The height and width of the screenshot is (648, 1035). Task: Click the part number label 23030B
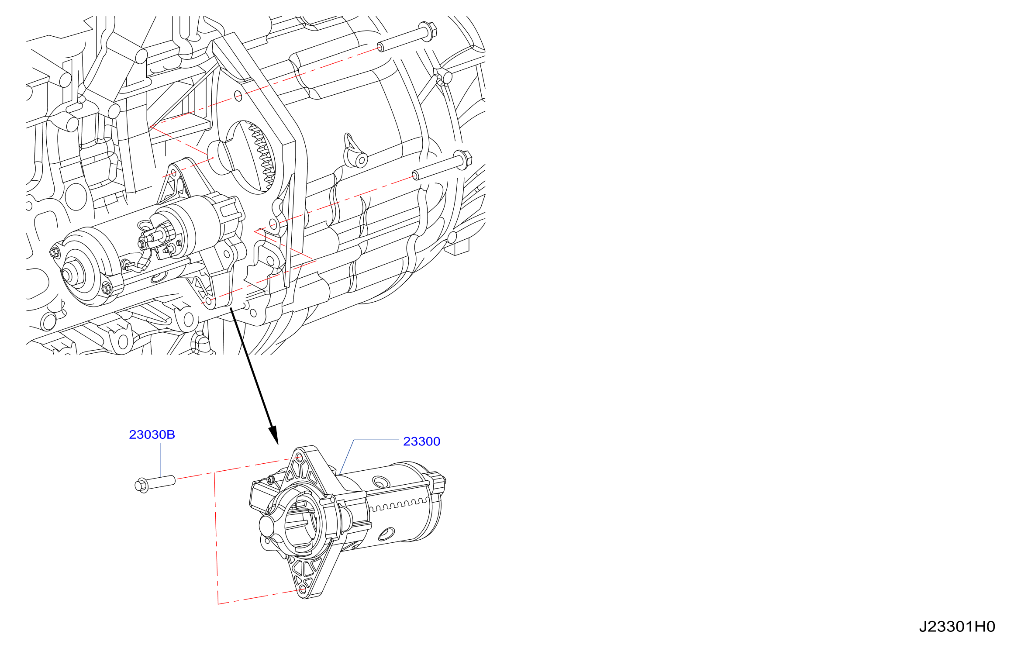(152, 435)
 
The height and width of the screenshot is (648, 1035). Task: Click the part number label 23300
(421, 441)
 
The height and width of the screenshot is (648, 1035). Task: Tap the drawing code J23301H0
(957, 627)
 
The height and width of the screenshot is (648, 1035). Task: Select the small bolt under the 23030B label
(155, 484)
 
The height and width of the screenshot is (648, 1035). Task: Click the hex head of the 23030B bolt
(141, 486)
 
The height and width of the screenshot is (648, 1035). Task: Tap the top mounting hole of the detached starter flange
(299, 457)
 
